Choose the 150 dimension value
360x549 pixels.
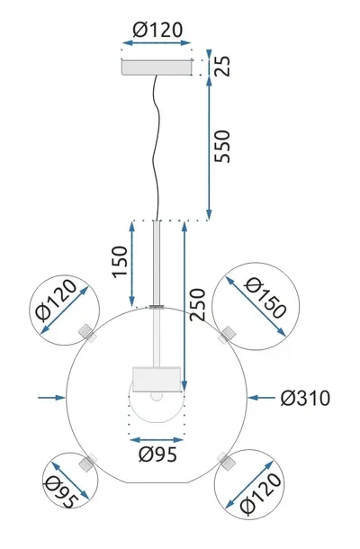[x=119, y=263]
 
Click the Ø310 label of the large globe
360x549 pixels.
[x=306, y=397]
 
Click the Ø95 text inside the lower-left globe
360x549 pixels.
[x=60, y=488]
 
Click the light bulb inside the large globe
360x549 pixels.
[x=156, y=396]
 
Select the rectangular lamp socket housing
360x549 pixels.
[x=157, y=378]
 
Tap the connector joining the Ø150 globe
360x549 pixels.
[x=227, y=334]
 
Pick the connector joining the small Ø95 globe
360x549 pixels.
[x=88, y=463]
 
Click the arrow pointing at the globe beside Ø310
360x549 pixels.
[x=261, y=397]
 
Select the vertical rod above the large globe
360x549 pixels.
[x=157, y=261]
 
